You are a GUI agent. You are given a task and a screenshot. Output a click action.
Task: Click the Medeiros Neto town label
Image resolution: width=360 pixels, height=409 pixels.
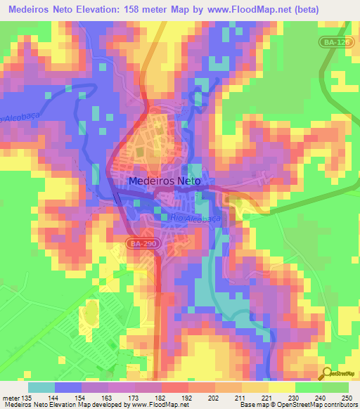pos(165,181)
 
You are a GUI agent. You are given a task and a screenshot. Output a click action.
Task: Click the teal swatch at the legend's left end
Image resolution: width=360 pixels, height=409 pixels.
pos(41,388)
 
